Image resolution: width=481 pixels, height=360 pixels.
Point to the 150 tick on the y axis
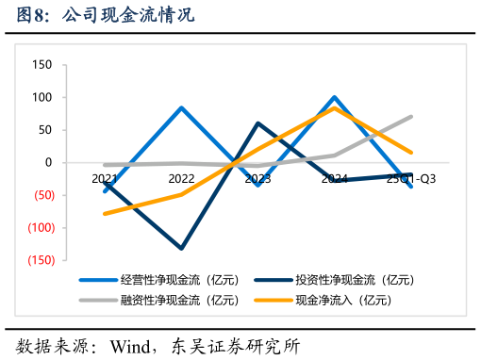pos(41,65)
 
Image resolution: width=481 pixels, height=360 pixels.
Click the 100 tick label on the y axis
pos(41,97)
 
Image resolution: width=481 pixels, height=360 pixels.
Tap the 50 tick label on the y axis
pos(44,130)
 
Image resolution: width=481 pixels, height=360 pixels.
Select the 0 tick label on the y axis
pos(47,162)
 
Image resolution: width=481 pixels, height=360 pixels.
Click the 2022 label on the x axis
pos(181,178)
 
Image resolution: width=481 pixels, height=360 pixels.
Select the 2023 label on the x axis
pos(257,178)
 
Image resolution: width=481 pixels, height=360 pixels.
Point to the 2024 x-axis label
pos(334,178)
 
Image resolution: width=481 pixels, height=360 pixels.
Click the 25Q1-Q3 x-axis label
pos(410,178)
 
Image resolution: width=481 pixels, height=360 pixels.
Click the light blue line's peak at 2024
pos(334,97)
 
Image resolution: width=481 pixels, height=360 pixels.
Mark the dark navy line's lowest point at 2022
pos(181,248)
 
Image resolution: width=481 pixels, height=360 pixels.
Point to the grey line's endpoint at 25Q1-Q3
pos(411,117)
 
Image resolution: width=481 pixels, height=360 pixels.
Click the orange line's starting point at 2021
pos(105,214)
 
